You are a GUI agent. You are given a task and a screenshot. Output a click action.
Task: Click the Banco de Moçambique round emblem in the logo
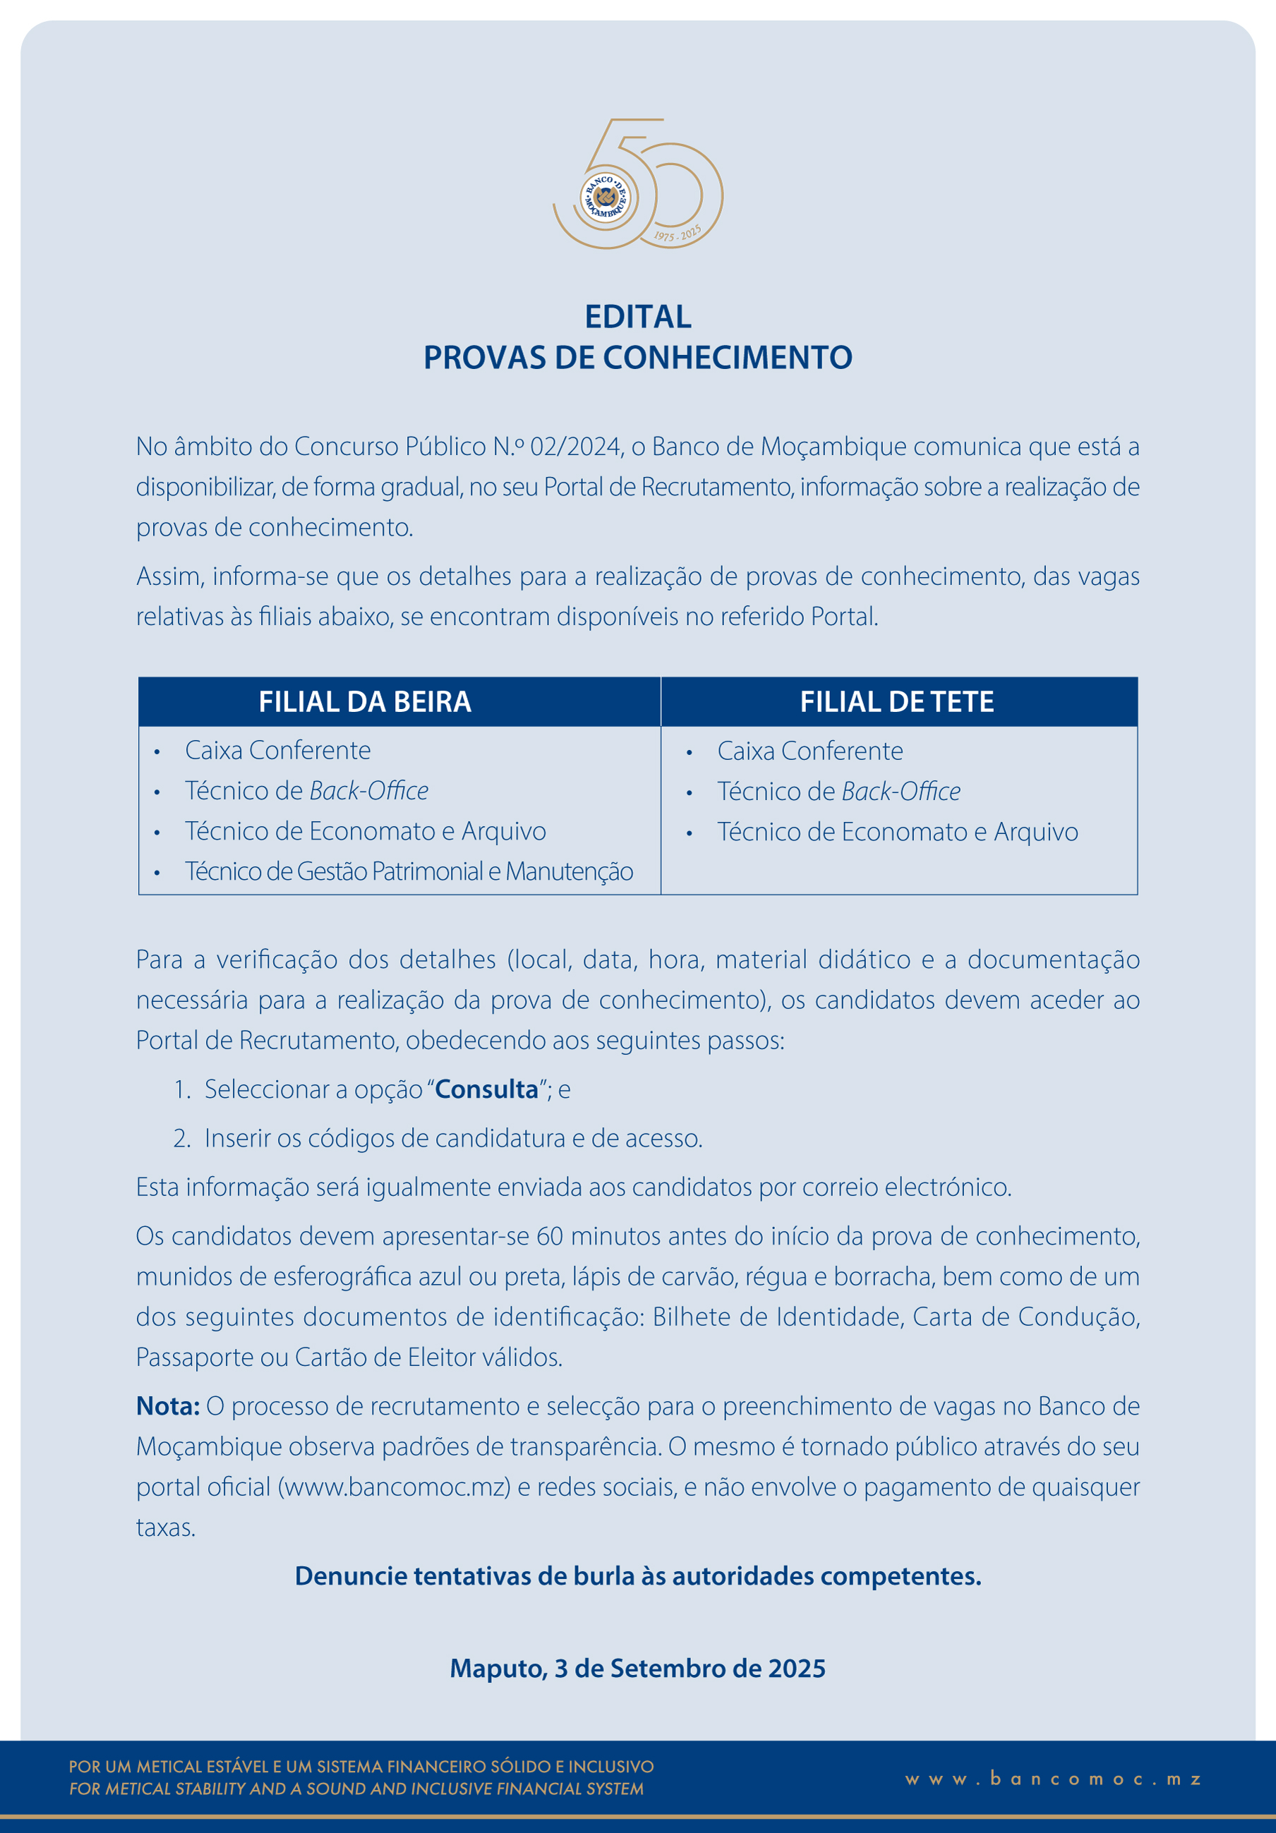point(604,196)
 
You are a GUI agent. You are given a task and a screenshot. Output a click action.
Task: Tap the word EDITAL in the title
point(638,317)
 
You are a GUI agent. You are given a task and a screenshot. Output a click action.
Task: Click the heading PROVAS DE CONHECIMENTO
point(638,358)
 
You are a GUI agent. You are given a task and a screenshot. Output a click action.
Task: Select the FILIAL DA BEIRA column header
point(365,702)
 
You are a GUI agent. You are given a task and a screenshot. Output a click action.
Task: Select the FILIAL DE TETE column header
point(897,702)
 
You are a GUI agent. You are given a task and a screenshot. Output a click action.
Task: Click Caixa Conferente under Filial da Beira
point(278,751)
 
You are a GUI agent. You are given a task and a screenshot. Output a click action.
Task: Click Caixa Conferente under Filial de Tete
point(809,751)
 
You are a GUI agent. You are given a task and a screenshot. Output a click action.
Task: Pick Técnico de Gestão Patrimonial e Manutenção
point(409,871)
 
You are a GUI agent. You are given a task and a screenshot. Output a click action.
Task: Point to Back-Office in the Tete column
point(901,791)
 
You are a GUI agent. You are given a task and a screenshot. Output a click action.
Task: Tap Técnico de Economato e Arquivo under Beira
point(366,831)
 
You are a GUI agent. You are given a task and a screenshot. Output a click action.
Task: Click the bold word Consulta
point(487,1089)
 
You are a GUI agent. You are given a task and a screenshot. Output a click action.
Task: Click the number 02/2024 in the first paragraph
point(575,447)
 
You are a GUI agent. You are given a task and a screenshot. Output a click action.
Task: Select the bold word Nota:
point(168,1406)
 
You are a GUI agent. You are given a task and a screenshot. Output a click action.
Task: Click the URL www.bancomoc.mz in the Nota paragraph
point(394,1487)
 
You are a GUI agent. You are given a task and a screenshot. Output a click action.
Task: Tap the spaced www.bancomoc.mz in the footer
point(1053,1779)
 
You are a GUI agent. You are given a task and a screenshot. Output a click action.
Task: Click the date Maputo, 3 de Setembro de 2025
point(638,1668)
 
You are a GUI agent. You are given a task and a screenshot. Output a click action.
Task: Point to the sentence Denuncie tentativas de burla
point(638,1576)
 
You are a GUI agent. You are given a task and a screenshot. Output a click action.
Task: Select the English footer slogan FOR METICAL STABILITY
point(356,1789)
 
